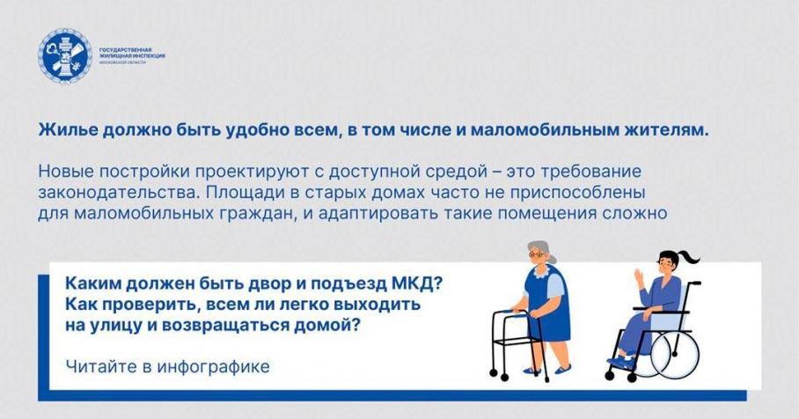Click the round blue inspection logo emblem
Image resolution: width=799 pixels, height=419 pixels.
coord(65,55)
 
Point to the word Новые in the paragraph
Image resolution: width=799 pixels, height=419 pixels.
coord(66,172)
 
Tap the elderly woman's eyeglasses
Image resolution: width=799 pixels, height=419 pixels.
coord(536,254)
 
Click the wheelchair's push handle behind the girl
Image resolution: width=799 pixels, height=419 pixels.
coord(694,283)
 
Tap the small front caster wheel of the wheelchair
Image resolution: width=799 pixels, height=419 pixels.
coord(610,375)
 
